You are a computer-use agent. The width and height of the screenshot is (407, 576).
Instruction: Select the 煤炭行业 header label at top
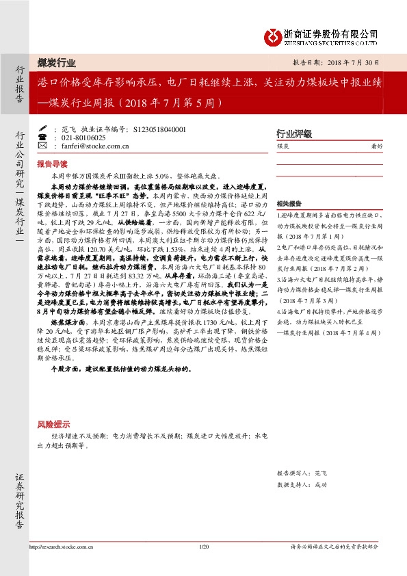[57, 62]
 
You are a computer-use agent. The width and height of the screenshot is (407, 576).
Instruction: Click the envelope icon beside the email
[43, 146]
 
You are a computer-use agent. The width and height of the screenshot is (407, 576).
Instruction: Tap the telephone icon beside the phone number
[43, 138]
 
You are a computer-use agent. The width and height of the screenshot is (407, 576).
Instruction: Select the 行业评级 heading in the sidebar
[293, 133]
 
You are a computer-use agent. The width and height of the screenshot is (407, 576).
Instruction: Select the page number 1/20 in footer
[202, 547]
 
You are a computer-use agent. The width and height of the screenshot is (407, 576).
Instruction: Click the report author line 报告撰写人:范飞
[302, 473]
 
